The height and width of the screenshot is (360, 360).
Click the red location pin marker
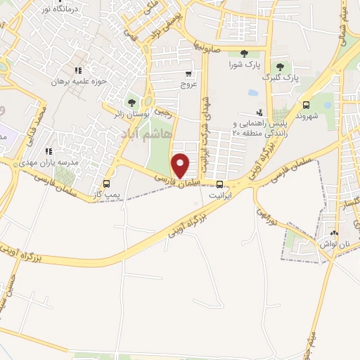click(x=181, y=165)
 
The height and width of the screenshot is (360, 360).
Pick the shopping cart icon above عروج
click(x=188, y=73)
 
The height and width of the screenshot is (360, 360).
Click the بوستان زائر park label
click(x=131, y=112)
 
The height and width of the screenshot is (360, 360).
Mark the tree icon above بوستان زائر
click(x=131, y=102)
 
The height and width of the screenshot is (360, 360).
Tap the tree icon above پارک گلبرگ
click(x=280, y=66)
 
